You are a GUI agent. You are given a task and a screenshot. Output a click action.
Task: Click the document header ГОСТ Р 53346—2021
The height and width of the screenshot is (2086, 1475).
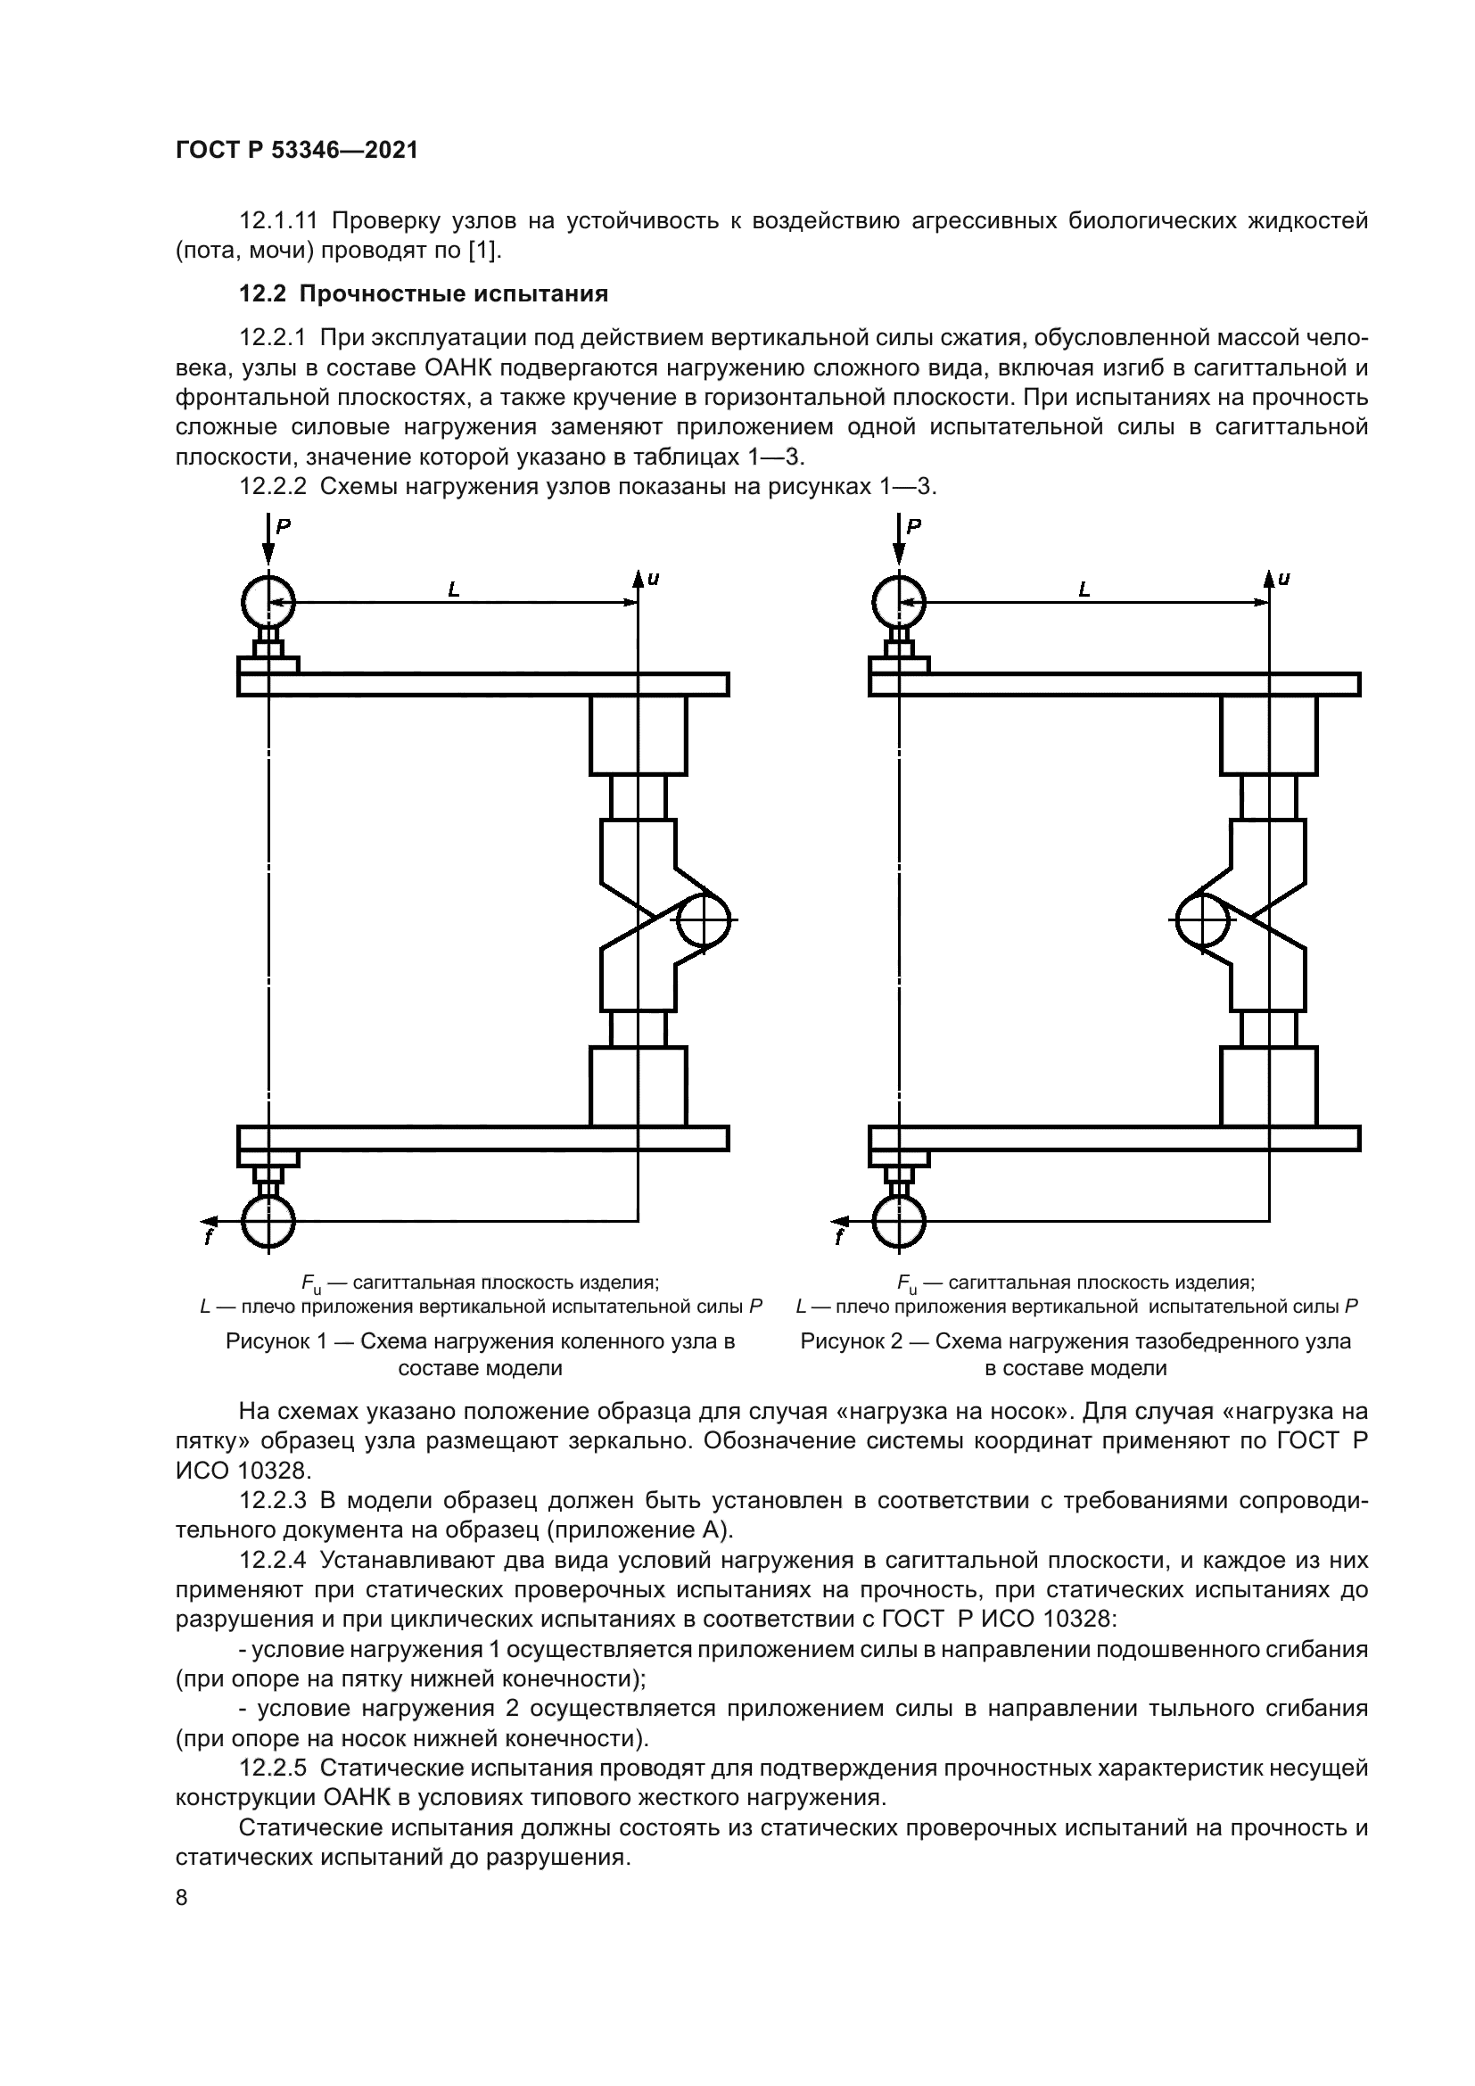pyautogui.click(x=296, y=151)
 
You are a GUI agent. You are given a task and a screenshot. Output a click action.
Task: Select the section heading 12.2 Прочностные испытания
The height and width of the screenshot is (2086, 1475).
pyautogui.click(x=424, y=294)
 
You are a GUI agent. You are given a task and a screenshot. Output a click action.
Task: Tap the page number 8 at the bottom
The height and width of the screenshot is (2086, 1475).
pyautogui.click(x=182, y=1898)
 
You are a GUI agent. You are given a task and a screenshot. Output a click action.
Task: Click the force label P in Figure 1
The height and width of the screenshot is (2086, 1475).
pyautogui.click(x=284, y=526)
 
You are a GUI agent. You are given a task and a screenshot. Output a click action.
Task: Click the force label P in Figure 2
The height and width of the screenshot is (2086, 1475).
pyautogui.click(x=914, y=526)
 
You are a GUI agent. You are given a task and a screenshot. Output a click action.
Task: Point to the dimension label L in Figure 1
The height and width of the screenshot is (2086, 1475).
pyautogui.click(x=454, y=590)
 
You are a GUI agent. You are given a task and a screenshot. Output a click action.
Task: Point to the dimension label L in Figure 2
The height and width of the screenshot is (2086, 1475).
pyautogui.click(x=1084, y=590)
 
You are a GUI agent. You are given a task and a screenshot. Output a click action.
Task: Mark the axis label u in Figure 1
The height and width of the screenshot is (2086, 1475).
pyautogui.click(x=653, y=578)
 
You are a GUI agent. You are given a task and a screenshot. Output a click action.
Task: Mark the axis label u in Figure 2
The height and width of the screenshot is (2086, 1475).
pyautogui.click(x=1283, y=578)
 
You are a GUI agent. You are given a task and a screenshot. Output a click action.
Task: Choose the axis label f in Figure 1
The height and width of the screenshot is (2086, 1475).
pyautogui.click(x=208, y=1238)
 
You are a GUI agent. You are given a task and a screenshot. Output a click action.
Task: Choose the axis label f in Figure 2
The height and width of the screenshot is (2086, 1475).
pyautogui.click(x=839, y=1238)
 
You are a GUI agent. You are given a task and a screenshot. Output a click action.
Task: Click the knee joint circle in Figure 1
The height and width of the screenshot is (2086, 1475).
pyautogui.click(x=705, y=920)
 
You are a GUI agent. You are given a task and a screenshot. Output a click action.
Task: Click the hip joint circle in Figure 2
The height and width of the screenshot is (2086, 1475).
pyautogui.click(x=1202, y=920)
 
